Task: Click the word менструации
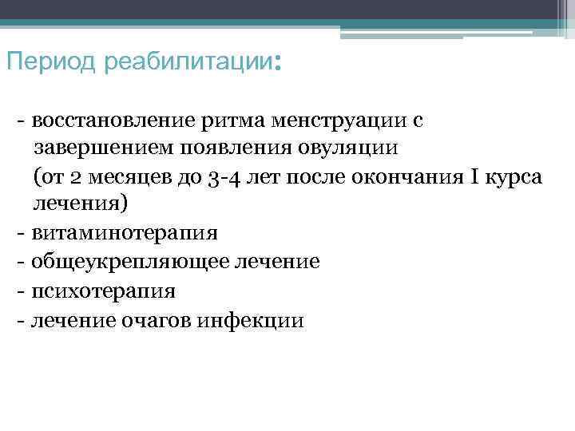point(339,121)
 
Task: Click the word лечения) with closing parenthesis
point(79,204)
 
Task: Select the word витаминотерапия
point(125,233)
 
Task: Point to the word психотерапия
point(104,291)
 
